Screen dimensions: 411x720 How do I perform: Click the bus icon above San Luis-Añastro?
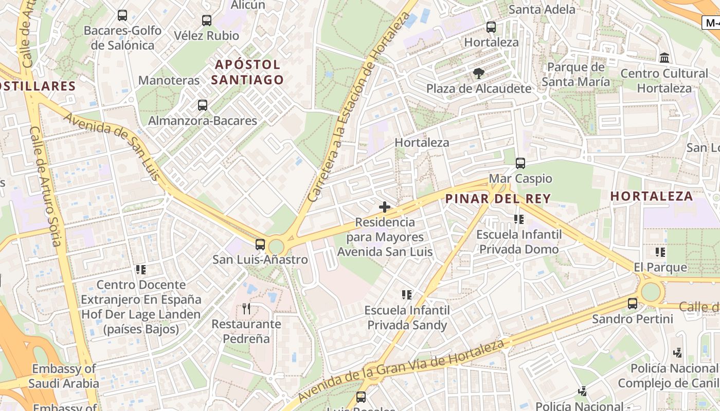point(260,245)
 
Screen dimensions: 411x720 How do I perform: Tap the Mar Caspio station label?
point(520,179)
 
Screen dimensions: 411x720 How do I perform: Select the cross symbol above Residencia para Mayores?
point(384,207)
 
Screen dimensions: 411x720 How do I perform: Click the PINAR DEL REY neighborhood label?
point(498,198)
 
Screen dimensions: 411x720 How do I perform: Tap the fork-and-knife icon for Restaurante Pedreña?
point(246,309)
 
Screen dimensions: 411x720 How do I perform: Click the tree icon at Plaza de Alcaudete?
point(479,73)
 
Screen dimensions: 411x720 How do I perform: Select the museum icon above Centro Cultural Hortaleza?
point(664,58)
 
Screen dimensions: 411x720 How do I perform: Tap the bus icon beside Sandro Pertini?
point(633,304)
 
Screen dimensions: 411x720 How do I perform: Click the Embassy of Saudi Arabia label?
point(64,376)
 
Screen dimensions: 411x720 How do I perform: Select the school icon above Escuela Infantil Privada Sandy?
point(407,295)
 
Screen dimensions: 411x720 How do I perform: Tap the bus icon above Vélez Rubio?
point(206,21)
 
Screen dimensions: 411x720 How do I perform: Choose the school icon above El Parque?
point(660,252)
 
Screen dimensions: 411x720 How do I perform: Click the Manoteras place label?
point(169,81)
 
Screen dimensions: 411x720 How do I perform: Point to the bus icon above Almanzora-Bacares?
point(203,105)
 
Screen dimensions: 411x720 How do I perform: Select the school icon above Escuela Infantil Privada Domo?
point(519,219)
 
